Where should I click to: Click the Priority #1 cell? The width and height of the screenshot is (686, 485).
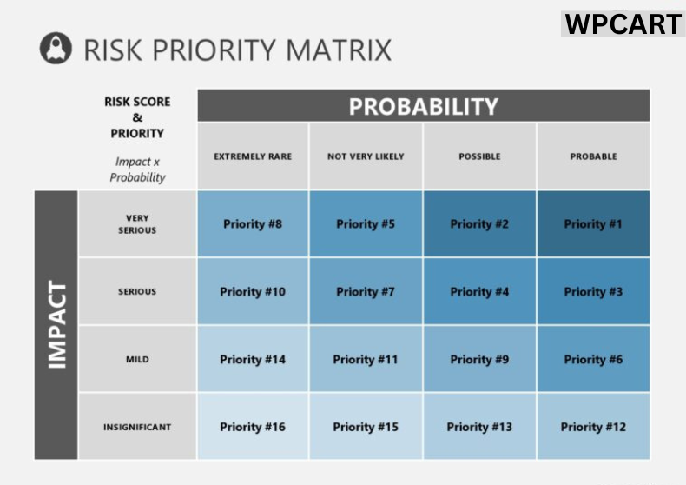point(593,224)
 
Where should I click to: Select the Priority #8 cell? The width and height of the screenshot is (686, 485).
point(253,224)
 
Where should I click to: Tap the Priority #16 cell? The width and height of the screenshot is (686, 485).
point(253,427)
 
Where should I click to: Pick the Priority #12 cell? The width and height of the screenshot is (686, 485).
point(593,427)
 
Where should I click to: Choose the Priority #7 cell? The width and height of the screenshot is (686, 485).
point(366,292)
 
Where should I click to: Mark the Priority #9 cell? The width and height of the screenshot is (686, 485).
point(479,359)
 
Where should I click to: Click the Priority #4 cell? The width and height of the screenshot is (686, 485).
point(479,292)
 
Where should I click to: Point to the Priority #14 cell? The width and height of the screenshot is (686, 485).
point(253,359)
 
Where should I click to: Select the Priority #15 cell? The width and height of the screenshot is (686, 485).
point(366,427)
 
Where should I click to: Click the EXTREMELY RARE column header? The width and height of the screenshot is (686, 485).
point(253,156)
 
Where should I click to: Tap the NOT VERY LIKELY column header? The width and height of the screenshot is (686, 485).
point(366,156)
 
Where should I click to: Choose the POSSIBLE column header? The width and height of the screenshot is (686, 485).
point(479,156)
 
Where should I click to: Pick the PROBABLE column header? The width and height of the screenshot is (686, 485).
point(593,156)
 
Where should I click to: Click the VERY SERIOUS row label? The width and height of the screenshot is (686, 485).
point(137,224)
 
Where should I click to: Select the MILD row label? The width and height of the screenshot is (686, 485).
point(137,359)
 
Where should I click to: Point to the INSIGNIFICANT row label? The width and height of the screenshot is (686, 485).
point(137,427)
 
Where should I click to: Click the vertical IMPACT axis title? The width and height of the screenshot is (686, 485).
point(56,325)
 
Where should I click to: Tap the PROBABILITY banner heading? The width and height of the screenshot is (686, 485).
point(423,106)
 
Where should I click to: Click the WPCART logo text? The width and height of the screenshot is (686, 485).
point(623,23)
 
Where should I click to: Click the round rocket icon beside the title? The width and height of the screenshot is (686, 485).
point(56,48)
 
